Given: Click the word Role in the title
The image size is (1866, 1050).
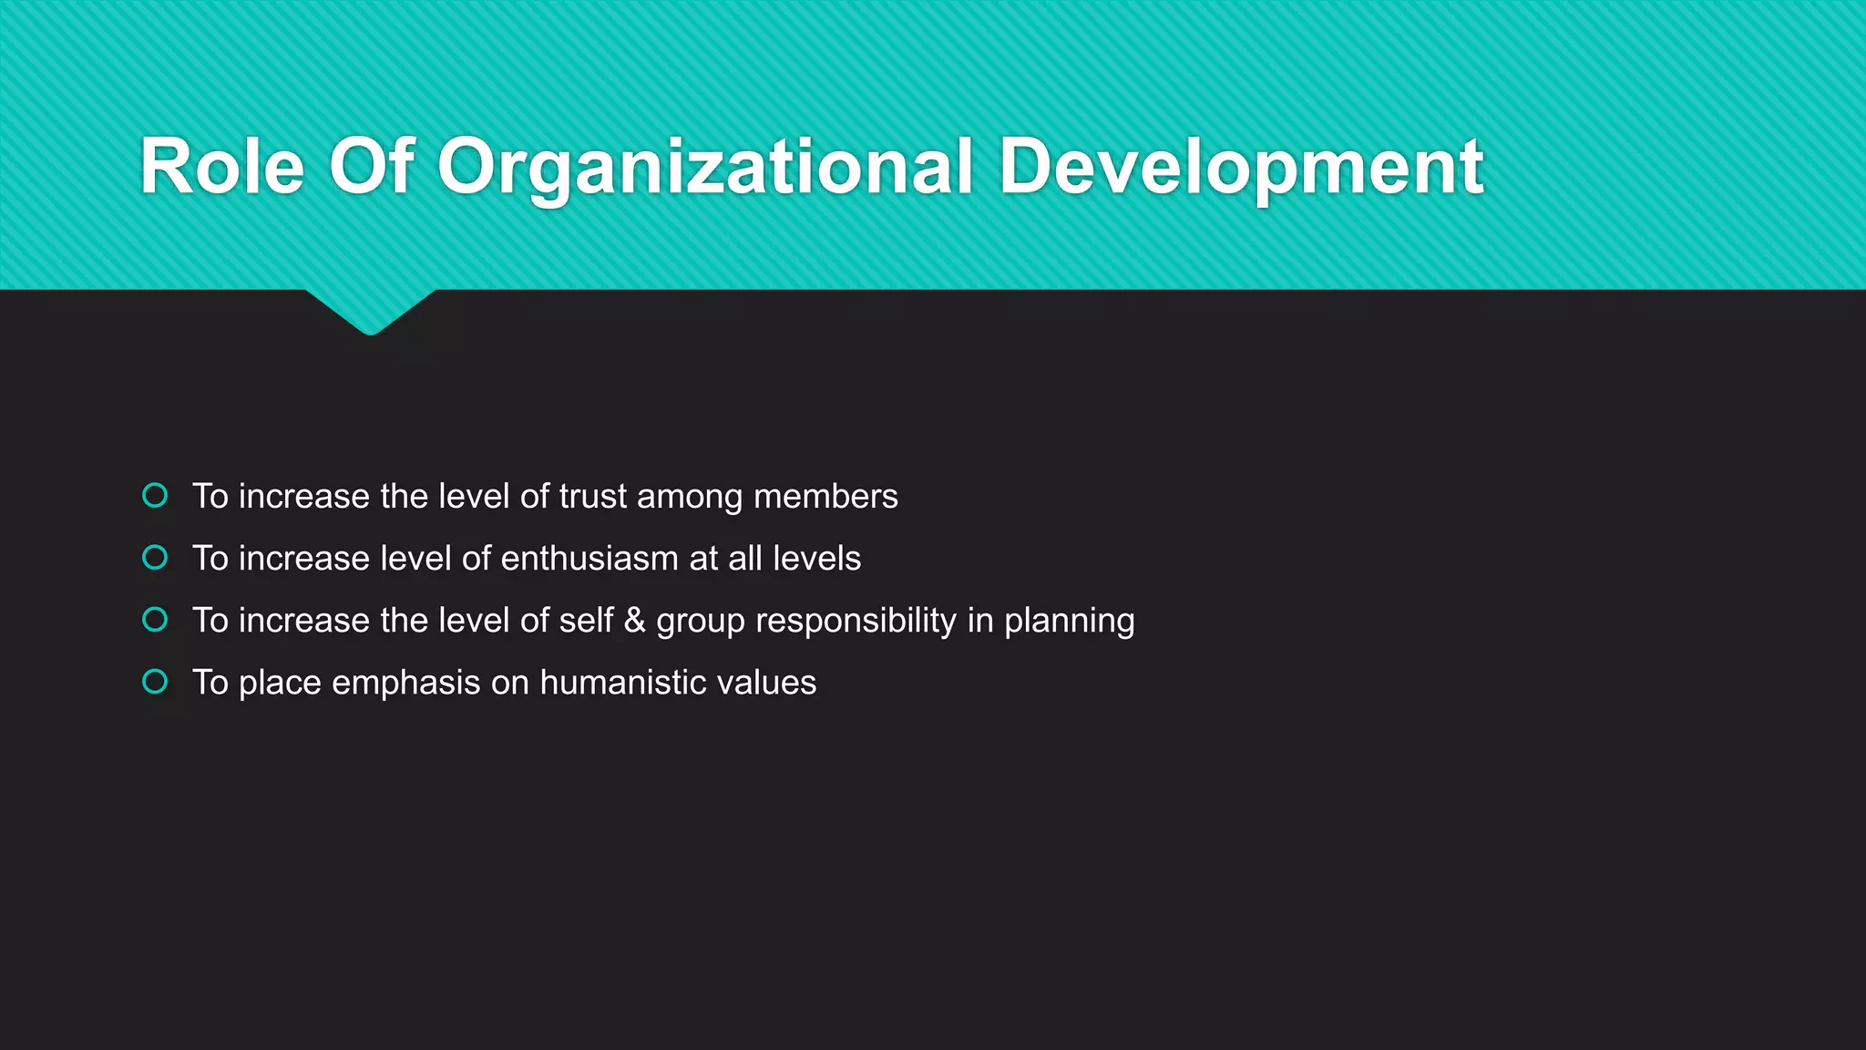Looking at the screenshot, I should coord(222,167).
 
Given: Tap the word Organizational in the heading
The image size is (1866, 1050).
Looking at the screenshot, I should coord(705,167).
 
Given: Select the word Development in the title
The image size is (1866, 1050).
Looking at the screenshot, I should coord(1241,167).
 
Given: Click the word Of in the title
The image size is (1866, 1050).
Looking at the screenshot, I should coord(371,167).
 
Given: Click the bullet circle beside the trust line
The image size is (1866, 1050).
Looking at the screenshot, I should coord(156,496).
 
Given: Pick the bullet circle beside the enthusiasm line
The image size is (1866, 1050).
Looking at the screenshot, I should coord(156,558).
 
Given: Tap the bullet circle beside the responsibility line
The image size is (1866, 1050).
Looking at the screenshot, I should coord(156,620).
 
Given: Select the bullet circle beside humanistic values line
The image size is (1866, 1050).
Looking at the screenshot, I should coord(156,682).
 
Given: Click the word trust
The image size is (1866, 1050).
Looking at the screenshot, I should coord(593,497).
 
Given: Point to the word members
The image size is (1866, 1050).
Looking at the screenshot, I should coord(825,497).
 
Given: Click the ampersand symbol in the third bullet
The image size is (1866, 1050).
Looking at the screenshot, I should coord(635,621).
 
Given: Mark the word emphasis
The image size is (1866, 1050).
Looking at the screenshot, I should coord(405,684).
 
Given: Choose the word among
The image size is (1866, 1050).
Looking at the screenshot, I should coord(689,499).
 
